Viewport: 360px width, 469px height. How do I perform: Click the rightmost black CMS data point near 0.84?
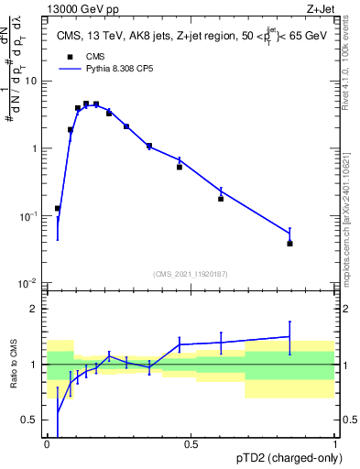290,244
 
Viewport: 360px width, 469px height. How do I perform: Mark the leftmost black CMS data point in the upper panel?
58,209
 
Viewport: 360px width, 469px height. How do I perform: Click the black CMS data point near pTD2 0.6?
221,199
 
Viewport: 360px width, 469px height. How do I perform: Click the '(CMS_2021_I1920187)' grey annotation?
191,273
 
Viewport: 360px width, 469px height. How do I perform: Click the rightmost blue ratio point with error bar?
290,337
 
